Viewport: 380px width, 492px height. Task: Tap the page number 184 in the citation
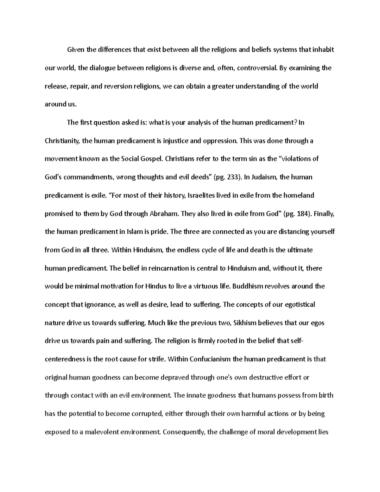coord(303,214)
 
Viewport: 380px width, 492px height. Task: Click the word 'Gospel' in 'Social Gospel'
coord(153,159)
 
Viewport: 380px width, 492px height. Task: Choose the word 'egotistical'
coord(296,305)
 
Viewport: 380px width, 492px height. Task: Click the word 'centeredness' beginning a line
coord(65,359)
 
